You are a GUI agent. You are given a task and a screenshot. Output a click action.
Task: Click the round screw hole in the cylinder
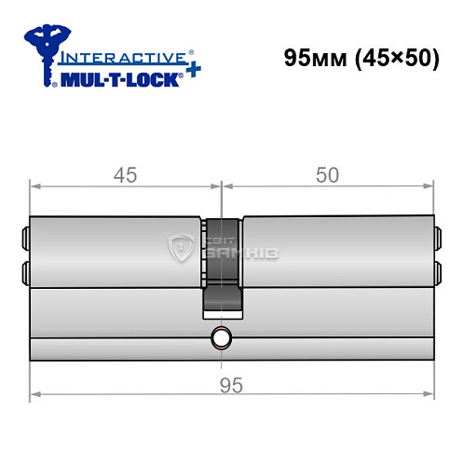pyautogui.click(x=222, y=336)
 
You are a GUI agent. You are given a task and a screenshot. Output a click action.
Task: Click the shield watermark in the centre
pyautogui.click(x=180, y=248)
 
